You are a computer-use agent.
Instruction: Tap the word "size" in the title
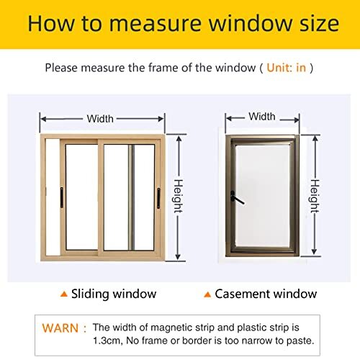point(314,24)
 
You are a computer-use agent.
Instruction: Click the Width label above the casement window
point(261,116)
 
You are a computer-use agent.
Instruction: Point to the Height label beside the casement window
point(315,194)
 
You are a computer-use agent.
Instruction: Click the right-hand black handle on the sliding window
point(157,194)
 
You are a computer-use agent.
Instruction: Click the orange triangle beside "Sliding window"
point(64,294)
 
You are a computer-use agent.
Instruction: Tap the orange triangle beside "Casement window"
point(207,294)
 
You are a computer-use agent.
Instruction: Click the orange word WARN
point(60,328)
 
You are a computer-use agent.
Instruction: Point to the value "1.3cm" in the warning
point(107,339)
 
